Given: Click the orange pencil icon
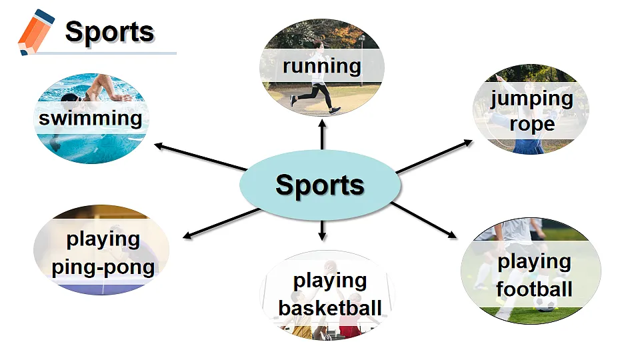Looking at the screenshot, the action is point(35,32).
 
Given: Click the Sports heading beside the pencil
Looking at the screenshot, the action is point(109,32).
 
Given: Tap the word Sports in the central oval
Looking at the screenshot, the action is point(320,185).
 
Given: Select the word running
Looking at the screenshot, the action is point(322,66).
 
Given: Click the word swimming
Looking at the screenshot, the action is point(91,119).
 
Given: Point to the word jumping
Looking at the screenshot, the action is point(532,99).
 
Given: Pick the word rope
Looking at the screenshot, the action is point(532,124).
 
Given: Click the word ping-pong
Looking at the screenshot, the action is point(103,268).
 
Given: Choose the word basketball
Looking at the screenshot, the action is point(330,308).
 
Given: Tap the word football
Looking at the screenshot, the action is point(534,289).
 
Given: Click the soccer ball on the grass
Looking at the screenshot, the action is point(545,304).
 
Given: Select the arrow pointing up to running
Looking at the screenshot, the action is point(323,135).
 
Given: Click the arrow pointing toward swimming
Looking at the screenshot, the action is point(201,156).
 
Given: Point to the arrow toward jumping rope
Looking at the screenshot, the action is point(434,156).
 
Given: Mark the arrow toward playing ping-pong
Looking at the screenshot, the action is point(221,223).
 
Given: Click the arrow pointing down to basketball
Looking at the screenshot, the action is point(323,231).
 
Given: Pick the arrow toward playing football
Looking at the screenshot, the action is point(424,220).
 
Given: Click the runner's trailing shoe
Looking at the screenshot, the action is point(293,101).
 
